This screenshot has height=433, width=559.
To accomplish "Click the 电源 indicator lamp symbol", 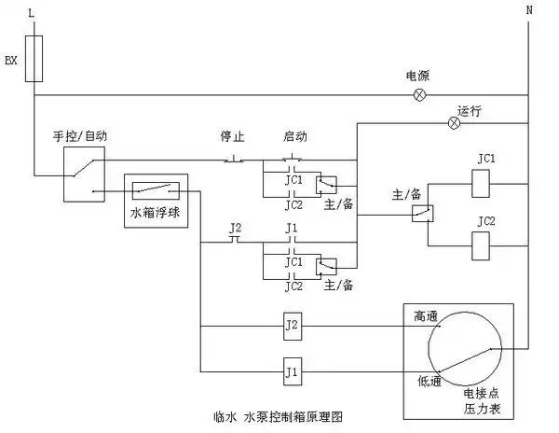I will click(x=418, y=95).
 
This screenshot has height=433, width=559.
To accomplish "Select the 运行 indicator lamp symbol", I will click(x=455, y=122).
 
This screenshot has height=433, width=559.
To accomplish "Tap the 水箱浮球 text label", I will click(x=157, y=213).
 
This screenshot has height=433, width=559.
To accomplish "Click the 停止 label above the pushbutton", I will click(x=232, y=134).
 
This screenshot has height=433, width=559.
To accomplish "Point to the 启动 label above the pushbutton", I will click(x=295, y=134).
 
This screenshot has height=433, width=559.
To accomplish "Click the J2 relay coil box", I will click(x=293, y=326).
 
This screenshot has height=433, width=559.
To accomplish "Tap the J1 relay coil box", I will click(x=293, y=372).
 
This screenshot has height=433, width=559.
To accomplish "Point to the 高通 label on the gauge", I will click(x=426, y=317).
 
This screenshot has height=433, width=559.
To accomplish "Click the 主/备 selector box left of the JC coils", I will click(x=419, y=214).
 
